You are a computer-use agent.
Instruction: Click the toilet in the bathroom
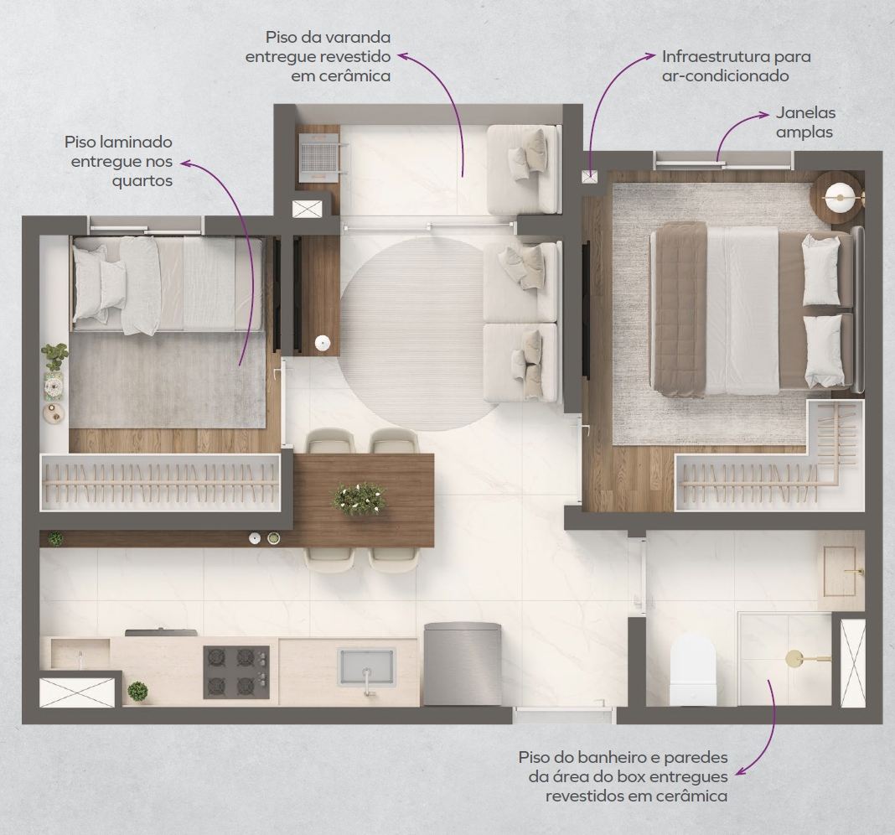693,670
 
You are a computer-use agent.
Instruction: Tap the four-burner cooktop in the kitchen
236,672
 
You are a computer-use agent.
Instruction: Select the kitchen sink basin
366,666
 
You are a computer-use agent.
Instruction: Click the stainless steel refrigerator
463,664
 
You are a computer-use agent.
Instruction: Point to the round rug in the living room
411,334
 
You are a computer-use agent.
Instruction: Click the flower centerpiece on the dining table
359,498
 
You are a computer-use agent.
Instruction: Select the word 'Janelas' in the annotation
805,112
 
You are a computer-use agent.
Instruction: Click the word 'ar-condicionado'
726,76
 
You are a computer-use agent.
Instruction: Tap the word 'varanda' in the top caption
359,37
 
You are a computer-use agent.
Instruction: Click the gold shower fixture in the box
807,659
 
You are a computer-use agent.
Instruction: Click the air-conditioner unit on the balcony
318,154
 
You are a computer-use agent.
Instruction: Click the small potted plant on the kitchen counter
137,691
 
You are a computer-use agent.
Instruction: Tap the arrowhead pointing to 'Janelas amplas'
764,115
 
